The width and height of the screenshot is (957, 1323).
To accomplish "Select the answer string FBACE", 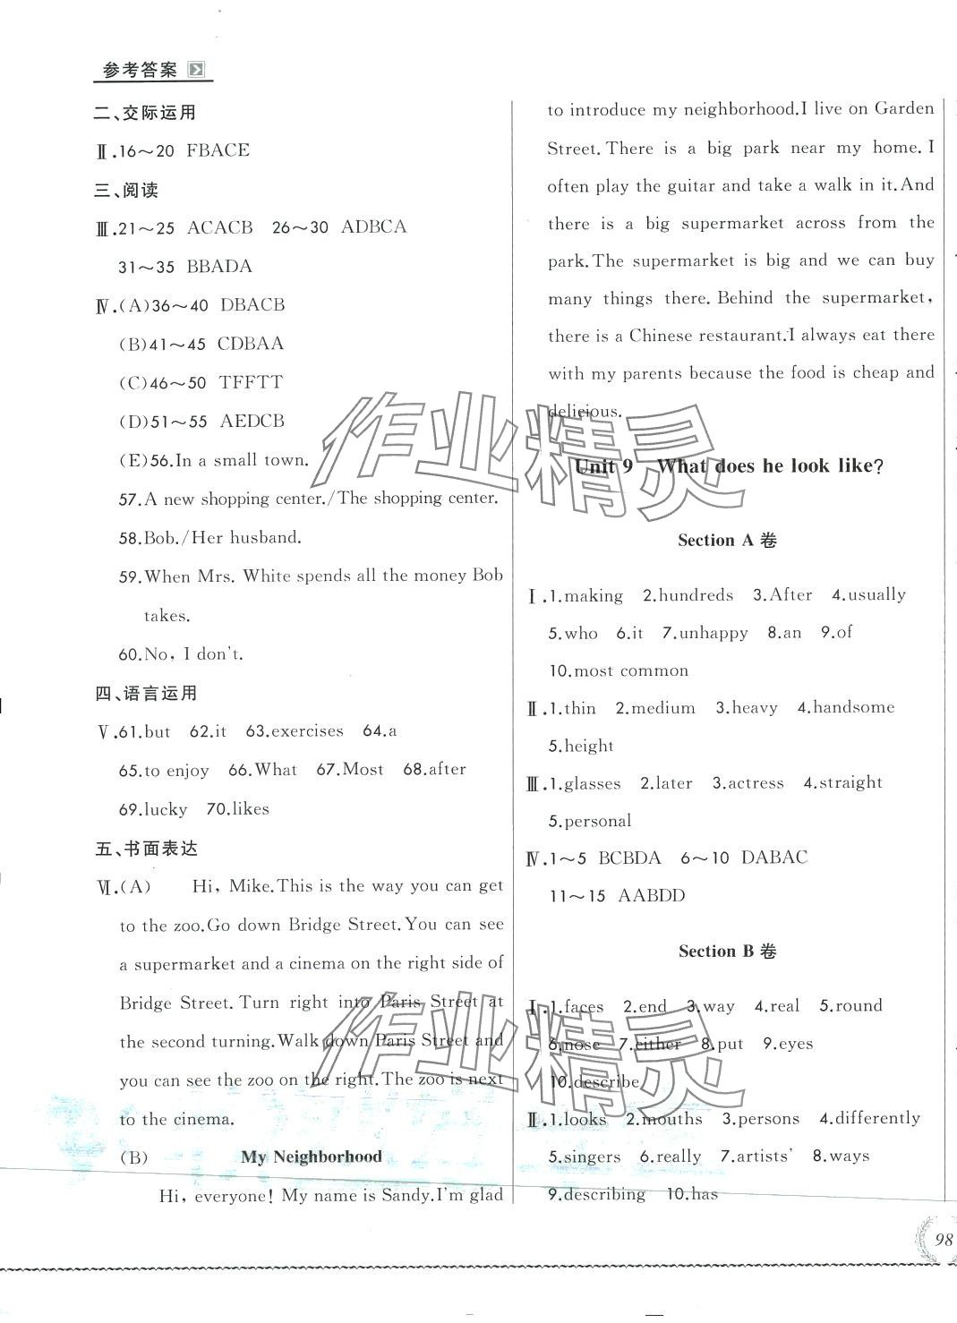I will click(x=218, y=150).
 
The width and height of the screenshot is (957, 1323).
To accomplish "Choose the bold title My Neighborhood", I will click(x=312, y=1157).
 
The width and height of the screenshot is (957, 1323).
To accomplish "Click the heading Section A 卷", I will click(x=727, y=540).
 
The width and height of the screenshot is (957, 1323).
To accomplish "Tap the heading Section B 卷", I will click(x=727, y=952).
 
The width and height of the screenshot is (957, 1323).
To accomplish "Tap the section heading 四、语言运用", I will click(x=146, y=693).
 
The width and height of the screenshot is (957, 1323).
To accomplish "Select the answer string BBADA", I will click(x=219, y=267).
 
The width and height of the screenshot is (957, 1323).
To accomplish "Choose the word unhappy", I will click(x=713, y=633).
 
